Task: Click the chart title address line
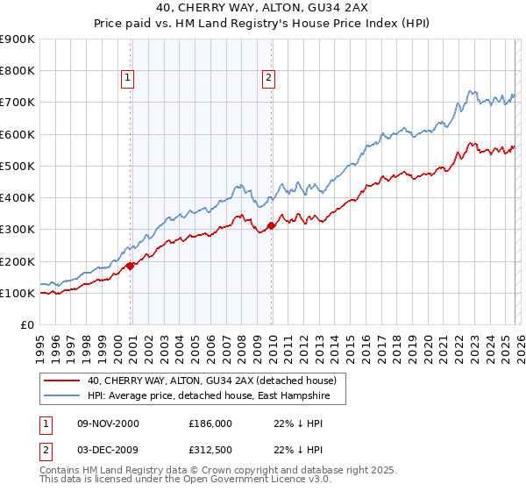[262, 10]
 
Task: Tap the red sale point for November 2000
[131, 266]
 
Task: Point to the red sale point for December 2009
[272, 225]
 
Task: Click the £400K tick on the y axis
[18, 197]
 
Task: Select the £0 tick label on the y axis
[25, 325]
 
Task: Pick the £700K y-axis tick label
[18, 103]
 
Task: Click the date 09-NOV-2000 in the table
[108, 423]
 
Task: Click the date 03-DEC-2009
[108, 452]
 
